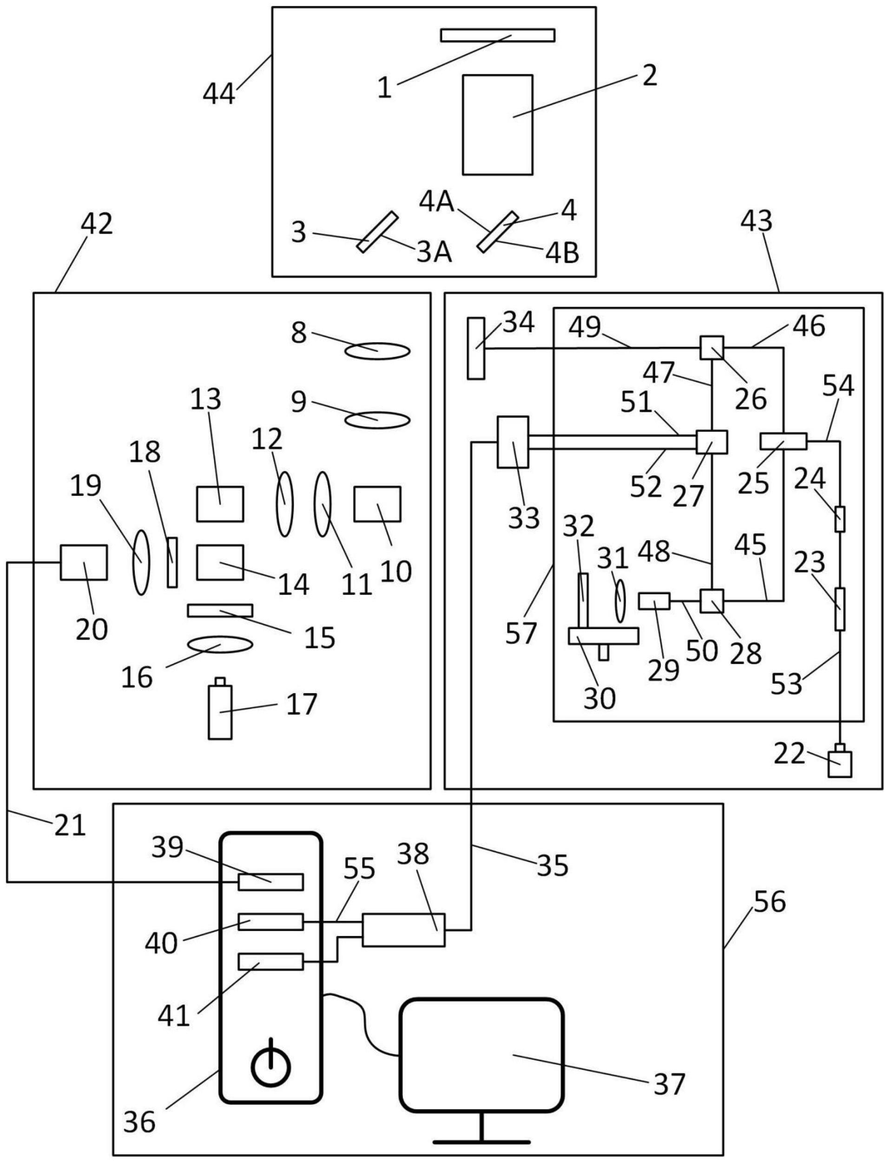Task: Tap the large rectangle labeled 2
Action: [497, 125]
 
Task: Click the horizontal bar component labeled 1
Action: [497, 35]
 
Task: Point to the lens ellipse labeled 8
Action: [378, 351]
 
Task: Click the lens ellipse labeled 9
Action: [378, 420]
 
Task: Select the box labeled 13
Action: [220, 504]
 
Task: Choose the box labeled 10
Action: [377, 504]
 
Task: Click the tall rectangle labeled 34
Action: [476, 348]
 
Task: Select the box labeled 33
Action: [512, 442]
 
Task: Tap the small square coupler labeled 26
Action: [712, 348]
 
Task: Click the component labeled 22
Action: [840, 764]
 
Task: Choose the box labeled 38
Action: [404, 930]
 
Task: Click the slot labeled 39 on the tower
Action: [270, 882]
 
